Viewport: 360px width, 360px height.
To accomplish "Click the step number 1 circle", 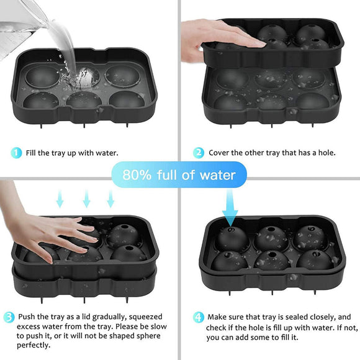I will point(17,152).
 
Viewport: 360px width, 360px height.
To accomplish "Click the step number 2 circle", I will point(199,152).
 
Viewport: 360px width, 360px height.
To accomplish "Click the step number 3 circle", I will point(9,317).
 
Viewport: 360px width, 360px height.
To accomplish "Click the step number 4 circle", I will point(198,317).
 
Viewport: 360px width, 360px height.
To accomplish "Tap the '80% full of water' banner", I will point(179,175).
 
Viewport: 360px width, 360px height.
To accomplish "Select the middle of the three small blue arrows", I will point(87,199).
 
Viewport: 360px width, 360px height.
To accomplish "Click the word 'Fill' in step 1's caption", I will point(32,152).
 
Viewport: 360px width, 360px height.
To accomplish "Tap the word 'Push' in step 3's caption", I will point(29,316).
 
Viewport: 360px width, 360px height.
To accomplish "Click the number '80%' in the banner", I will point(137,175).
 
